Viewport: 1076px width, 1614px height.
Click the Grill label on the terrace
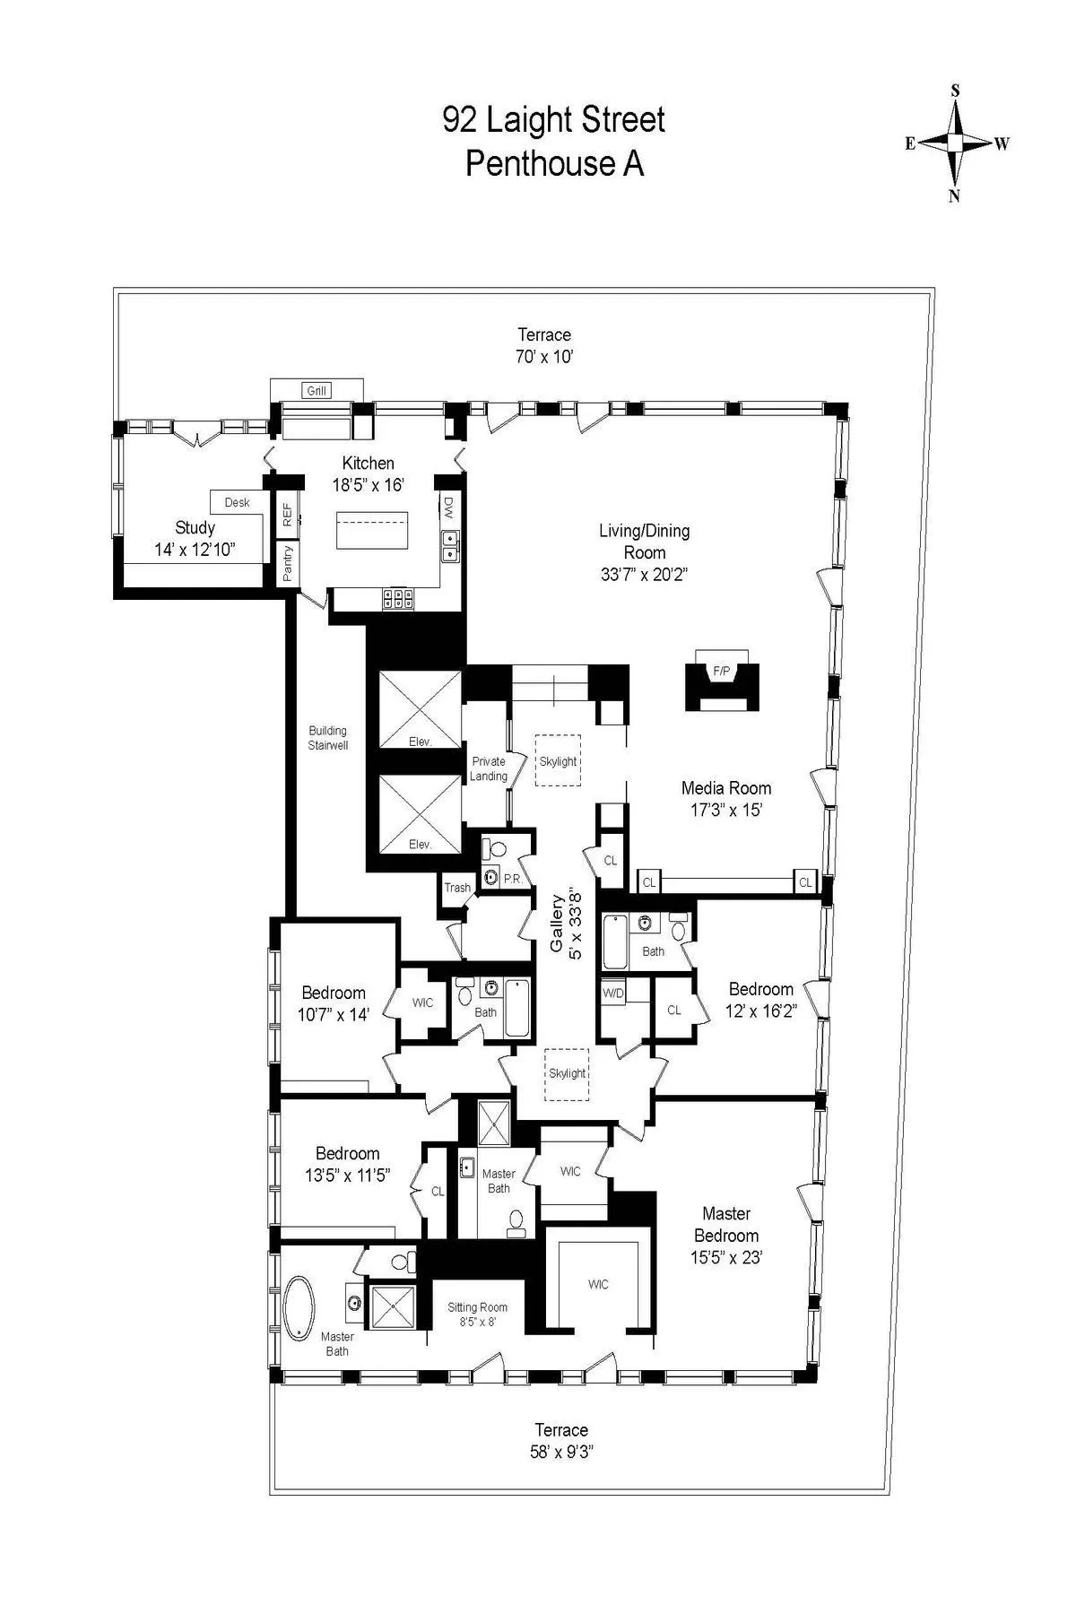click(x=317, y=390)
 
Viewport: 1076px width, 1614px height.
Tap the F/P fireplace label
click(x=722, y=671)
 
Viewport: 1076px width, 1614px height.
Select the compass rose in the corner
click(x=956, y=143)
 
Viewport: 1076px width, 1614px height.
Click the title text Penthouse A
click(x=554, y=164)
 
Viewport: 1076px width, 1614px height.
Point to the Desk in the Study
click(x=237, y=502)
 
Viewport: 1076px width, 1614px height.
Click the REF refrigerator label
click(x=287, y=515)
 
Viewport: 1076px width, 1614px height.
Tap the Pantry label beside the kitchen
click(x=288, y=563)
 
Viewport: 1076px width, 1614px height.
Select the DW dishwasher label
click(x=448, y=508)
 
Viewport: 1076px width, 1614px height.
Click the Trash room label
click(x=457, y=888)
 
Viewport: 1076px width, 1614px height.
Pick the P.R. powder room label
click(x=513, y=879)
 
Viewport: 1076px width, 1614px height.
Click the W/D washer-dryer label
click(x=613, y=993)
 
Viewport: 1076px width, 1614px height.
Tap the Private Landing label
click(x=489, y=768)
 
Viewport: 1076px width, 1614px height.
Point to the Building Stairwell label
click(x=327, y=737)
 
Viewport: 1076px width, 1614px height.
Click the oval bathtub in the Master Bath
click(x=299, y=1308)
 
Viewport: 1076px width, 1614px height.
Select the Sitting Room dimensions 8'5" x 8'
click(x=478, y=1322)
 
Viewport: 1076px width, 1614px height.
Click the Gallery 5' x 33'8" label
click(x=567, y=924)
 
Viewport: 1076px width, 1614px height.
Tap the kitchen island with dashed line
click(x=372, y=531)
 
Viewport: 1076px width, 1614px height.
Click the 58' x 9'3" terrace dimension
click(x=561, y=1452)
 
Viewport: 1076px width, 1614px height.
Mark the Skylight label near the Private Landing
click(x=558, y=761)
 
